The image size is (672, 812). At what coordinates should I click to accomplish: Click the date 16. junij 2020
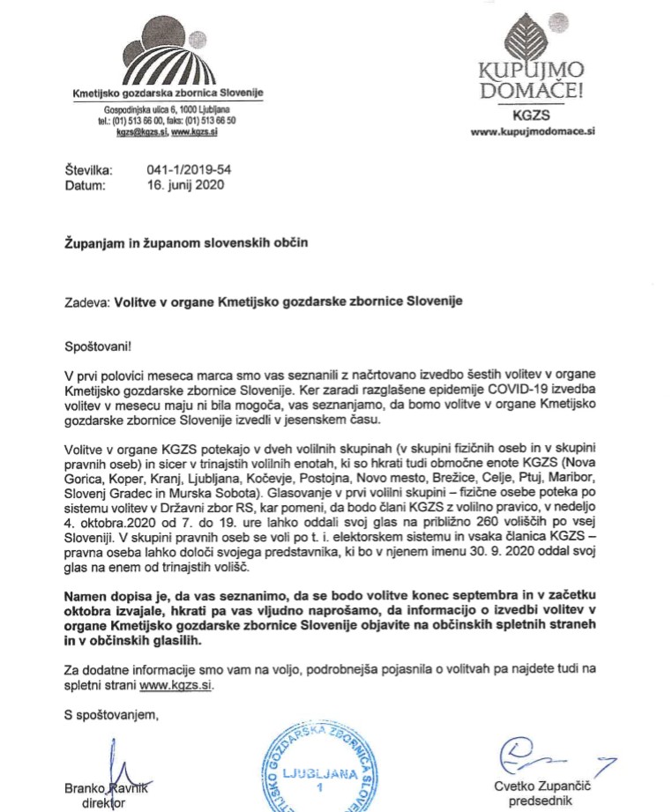click(186, 185)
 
